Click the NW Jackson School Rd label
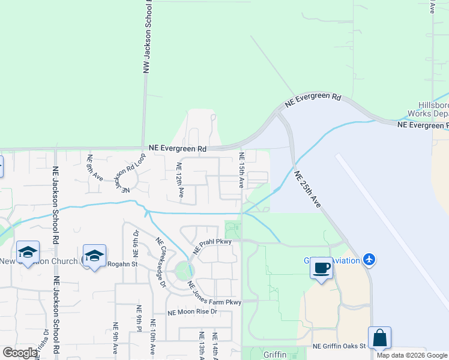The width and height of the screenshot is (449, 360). pyautogui.click(x=146, y=37)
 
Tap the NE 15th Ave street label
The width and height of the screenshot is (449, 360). pyautogui.click(x=242, y=170)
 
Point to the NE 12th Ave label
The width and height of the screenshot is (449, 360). pyautogui.click(x=179, y=180)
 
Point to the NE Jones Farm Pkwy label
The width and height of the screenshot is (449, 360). pyautogui.click(x=214, y=293)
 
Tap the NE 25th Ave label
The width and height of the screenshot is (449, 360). pyautogui.click(x=308, y=189)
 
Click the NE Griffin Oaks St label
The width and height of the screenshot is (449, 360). pyautogui.click(x=339, y=346)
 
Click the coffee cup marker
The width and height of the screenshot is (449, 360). pyautogui.click(x=321, y=267)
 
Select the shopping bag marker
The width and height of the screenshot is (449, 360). pyautogui.click(x=380, y=338)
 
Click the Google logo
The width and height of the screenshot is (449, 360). pyautogui.click(x=20, y=353)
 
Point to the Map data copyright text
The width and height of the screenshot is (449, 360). pyautogui.click(x=412, y=355)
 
